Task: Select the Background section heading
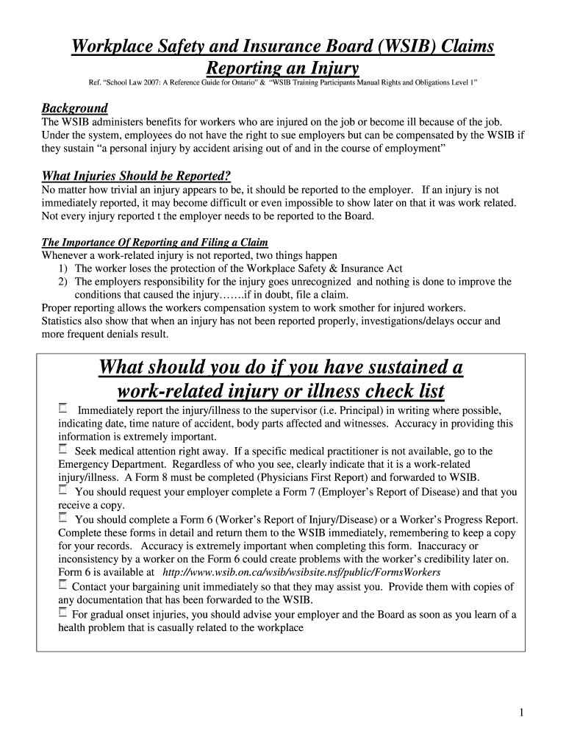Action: pyautogui.click(x=75, y=107)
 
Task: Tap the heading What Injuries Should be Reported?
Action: pyautogui.click(x=137, y=175)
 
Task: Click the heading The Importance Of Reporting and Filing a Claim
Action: pyautogui.click(x=155, y=242)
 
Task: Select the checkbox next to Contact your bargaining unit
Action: pyautogui.click(x=63, y=585)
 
